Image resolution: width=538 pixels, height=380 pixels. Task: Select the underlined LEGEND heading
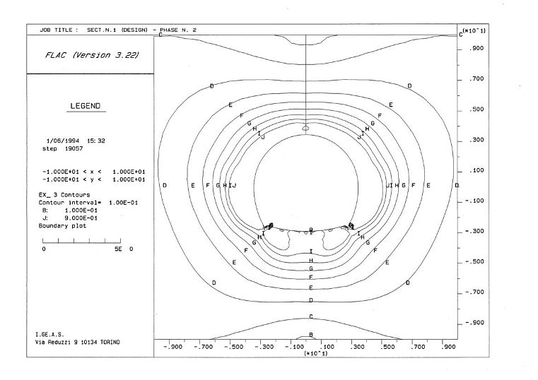87,106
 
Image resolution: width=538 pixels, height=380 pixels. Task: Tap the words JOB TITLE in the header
53,31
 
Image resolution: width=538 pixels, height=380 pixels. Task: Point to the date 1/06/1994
62,141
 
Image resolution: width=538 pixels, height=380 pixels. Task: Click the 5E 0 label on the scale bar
123,249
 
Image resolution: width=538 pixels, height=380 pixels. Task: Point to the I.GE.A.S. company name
52,334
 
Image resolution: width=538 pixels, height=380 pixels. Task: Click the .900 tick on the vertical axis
474,49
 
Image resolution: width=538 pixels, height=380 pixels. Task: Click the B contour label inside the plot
311,335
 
